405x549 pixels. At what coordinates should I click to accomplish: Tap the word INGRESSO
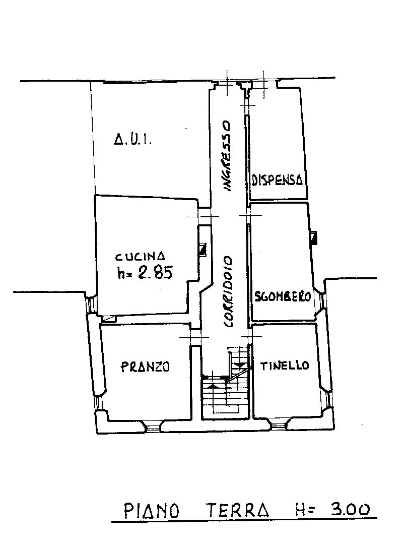227,156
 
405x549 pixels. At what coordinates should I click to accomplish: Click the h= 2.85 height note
145,272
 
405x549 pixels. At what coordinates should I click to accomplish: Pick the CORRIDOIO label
228,292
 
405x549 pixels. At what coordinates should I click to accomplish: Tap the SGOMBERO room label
283,297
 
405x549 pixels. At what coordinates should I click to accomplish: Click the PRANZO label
145,367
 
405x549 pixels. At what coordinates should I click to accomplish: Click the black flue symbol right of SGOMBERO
314,238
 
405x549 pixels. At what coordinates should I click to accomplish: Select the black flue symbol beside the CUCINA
202,249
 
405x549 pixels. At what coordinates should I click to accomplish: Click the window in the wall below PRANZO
153,427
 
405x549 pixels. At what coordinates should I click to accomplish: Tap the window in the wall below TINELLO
278,425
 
